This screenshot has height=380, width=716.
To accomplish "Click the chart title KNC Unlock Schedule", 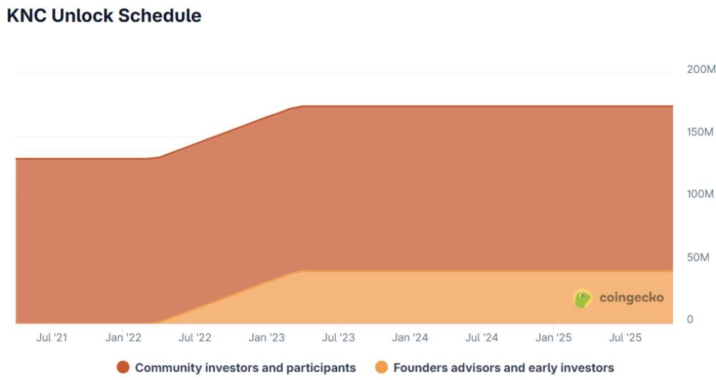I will (x=104, y=16).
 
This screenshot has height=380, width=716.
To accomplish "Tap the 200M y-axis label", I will (x=700, y=70).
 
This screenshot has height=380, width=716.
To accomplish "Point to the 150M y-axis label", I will (x=700, y=132).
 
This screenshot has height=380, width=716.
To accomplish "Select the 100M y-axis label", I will (x=700, y=195).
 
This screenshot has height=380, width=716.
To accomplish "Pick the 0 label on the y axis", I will (x=690, y=320).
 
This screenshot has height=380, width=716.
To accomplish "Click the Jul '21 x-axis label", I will (x=52, y=338).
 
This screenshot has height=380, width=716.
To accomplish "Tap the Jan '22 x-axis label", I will (x=123, y=338).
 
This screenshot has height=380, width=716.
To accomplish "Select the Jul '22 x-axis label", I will (x=195, y=338).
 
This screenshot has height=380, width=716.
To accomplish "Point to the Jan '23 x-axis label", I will (x=266, y=338).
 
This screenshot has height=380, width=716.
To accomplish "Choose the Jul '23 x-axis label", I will (x=338, y=338).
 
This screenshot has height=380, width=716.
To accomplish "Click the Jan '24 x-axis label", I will (x=410, y=338).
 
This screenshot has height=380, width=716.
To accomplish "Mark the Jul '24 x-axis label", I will (x=482, y=338).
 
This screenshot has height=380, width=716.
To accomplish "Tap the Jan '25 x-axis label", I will (x=553, y=338).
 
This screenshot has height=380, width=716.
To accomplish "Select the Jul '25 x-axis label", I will (x=625, y=338).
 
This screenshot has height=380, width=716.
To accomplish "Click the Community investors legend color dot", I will (x=123, y=368).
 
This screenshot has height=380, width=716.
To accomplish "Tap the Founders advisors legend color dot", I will (x=382, y=368).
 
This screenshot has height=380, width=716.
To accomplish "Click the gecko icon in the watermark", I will (x=583, y=298).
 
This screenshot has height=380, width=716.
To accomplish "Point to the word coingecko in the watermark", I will (x=631, y=298).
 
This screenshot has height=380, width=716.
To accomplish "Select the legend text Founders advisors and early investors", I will (x=503, y=368).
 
